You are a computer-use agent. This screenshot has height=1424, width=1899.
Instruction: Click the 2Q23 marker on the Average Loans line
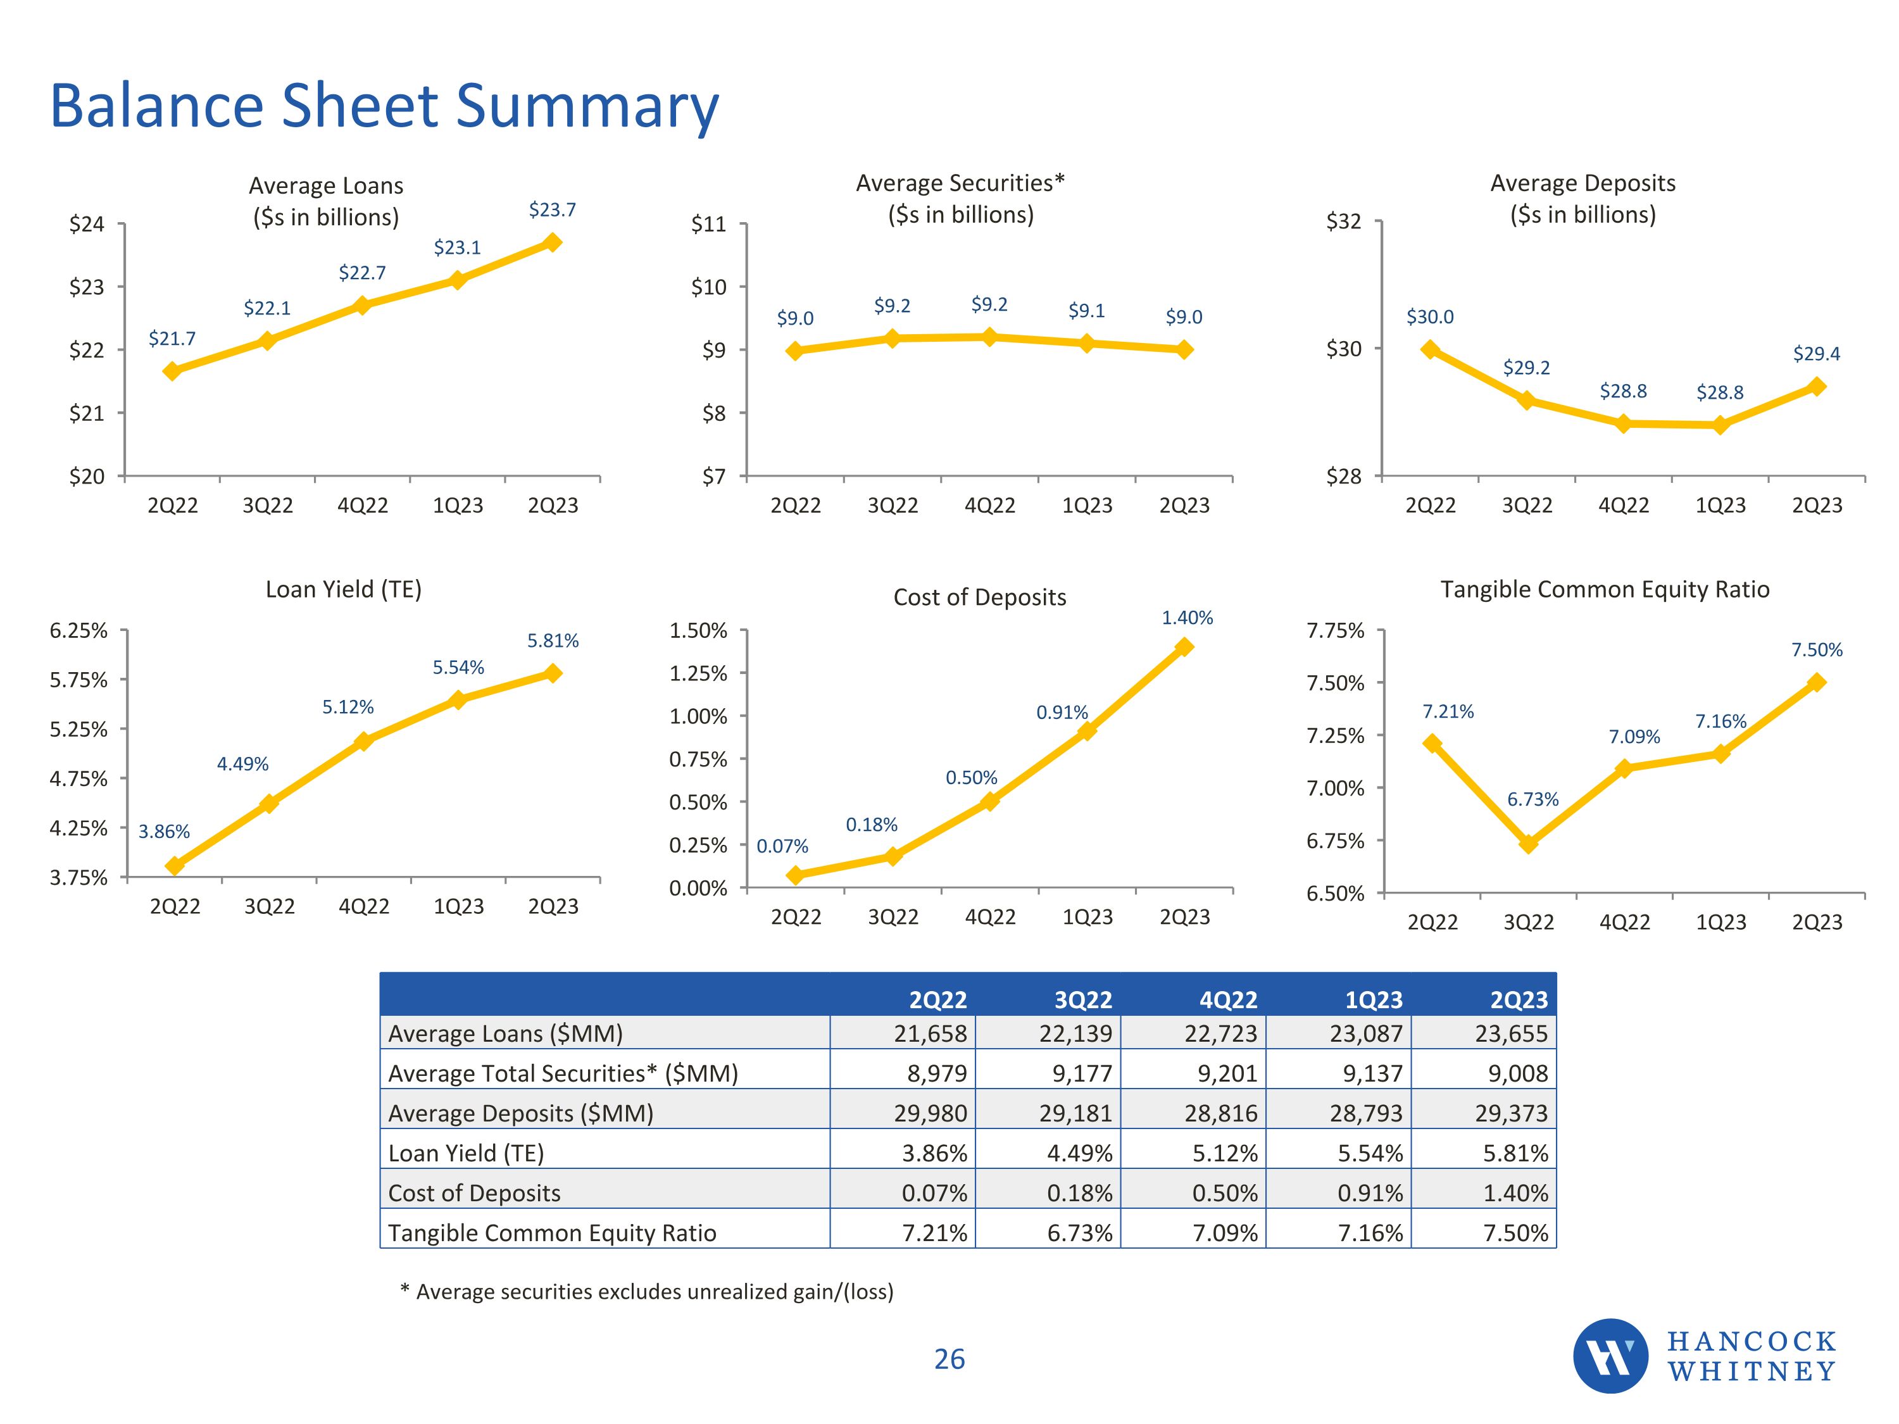(553, 243)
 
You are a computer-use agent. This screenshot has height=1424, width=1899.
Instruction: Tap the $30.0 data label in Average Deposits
(1429, 316)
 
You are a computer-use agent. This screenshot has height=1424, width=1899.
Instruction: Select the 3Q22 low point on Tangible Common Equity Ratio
(1528, 844)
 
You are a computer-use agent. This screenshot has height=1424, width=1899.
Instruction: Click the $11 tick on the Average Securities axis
(708, 224)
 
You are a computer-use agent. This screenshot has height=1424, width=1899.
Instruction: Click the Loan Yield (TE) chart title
(343, 590)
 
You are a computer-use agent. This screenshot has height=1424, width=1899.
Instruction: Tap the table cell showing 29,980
(930, 1113)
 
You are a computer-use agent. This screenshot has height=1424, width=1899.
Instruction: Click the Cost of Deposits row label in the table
(474, 1193)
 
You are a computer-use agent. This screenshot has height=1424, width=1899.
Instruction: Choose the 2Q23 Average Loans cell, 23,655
(1511, 1034)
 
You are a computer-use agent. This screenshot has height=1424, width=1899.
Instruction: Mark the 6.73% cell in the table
(1079, 1233)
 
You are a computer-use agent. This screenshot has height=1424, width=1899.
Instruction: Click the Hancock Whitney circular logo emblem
(1610, 1356)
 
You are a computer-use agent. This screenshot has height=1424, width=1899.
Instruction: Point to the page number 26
(949, 1359)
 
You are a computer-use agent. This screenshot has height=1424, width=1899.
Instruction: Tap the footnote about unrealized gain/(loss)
(648, 1292)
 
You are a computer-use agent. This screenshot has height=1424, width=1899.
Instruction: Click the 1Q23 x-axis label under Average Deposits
(1720, 506)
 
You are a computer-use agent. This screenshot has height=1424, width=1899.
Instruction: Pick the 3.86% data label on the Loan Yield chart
(164, 831)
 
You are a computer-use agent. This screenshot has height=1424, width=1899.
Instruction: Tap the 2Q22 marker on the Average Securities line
(795, 350)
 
